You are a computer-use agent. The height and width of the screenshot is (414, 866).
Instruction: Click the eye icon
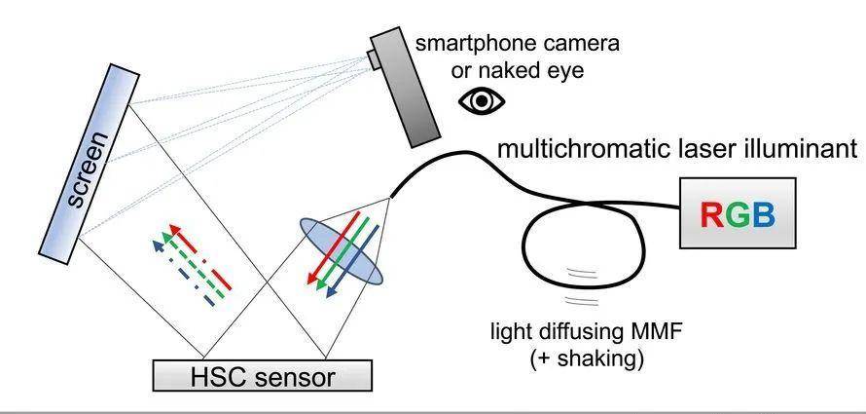point(483,101)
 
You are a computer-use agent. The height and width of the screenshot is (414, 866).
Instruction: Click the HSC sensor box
point(262,374)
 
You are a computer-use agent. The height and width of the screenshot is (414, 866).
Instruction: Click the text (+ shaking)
point(587,359)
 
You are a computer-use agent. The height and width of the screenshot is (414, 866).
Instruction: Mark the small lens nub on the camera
point(375,59)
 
